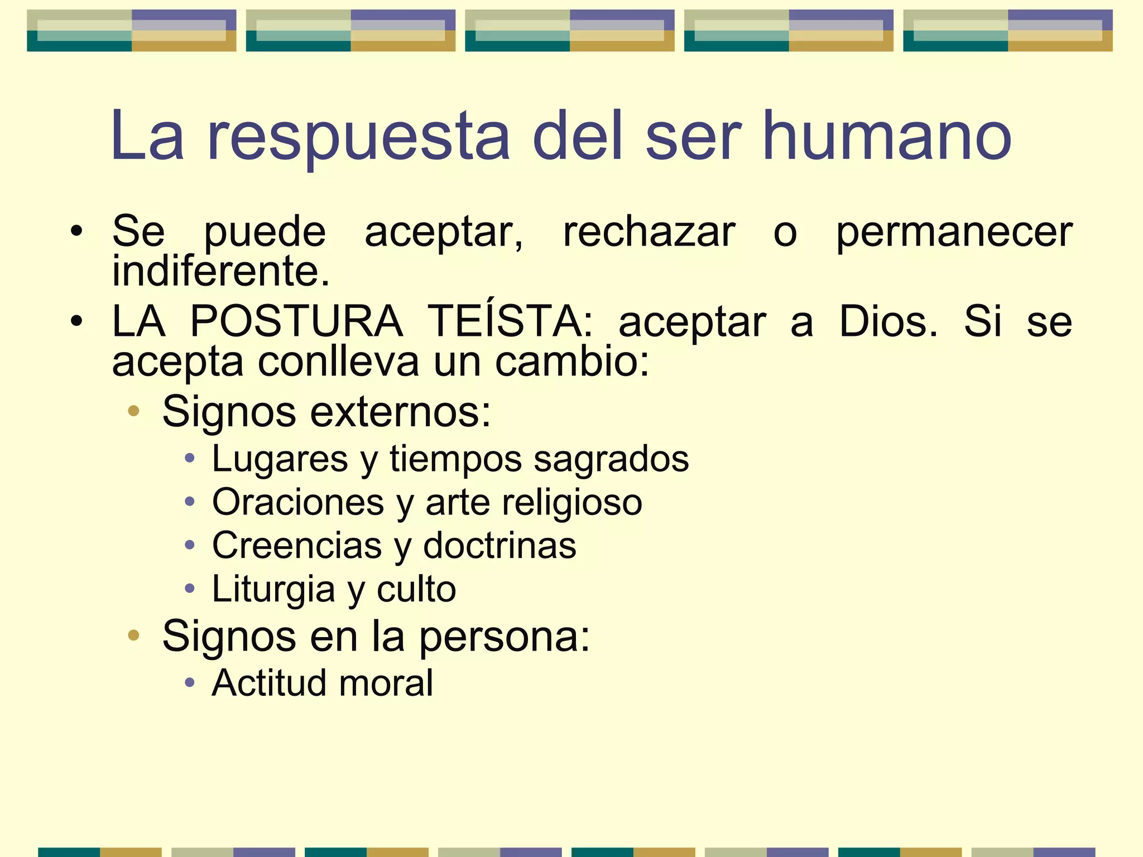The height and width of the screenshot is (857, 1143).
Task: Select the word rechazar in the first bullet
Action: click(x=649, y=232)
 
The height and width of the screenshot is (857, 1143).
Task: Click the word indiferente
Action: click(x=220, y=271)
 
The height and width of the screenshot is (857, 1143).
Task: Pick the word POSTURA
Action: click(x=296, y=321)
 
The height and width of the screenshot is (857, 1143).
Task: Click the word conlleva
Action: click(x=338, y=362)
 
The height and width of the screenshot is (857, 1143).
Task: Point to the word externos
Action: click(x=400, y=412)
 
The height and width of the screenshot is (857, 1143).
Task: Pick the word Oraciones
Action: click(x=298, y=502)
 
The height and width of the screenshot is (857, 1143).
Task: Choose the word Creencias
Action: click(x=296, y=545)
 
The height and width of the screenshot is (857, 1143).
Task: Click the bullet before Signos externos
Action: click(x=133, y=412)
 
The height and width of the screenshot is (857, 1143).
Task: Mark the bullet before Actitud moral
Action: click(x=190, y=682)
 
